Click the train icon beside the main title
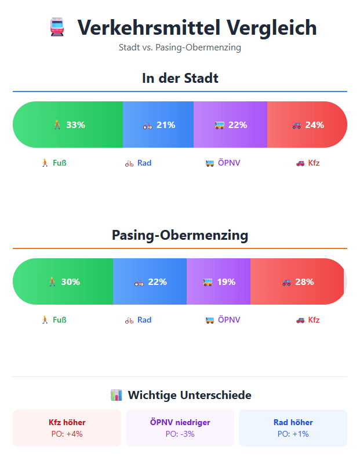point(57,27)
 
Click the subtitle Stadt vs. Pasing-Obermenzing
point(180,47)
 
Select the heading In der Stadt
point(180,78)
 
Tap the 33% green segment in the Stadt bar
point(68,125)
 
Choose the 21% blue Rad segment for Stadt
point(158,125)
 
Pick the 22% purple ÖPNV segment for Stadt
point(230,125)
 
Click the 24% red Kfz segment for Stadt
point(307,125)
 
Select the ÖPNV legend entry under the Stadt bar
point(223,163)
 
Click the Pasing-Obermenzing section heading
point(180,235)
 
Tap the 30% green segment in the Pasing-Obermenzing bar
point(63,281)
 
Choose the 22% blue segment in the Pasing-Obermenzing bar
point(150,281)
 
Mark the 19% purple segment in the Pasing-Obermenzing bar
point(219,281)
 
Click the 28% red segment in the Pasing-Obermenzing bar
point(297,281)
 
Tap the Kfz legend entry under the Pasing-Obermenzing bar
point(307,320)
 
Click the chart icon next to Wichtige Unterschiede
point(116,396)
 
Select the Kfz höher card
point(67,428)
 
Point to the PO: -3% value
point(180,434)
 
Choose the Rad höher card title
point(293,422)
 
